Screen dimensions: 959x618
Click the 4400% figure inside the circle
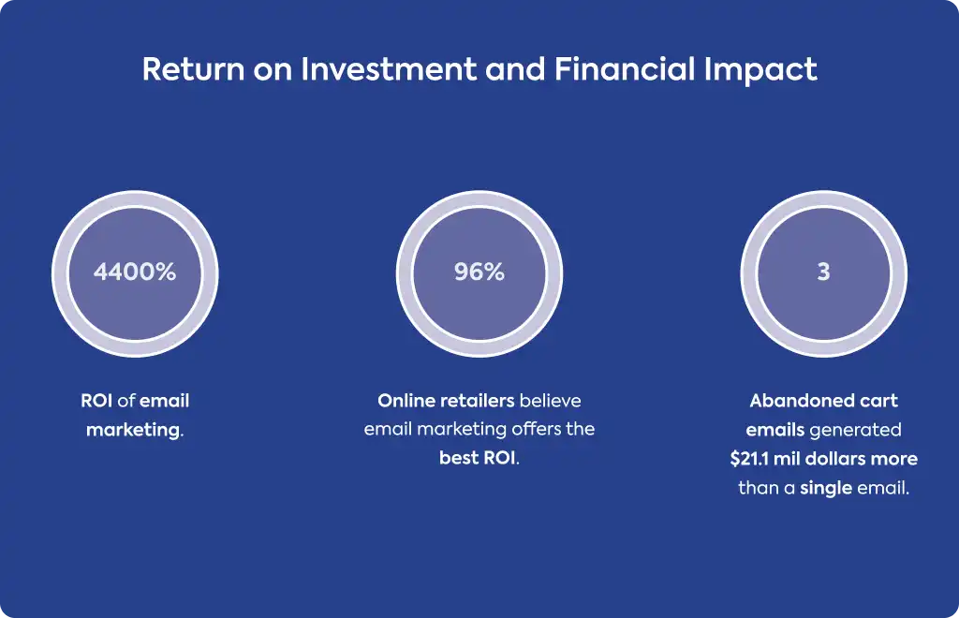pyautogui.click(x=135, y=272)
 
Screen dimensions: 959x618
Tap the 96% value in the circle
pyautogui.click(x=479, y=272)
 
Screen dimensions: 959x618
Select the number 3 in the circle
pyautogui.click(x=823, y=272)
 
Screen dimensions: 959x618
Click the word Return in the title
pyautogui.click(x=194, y=68)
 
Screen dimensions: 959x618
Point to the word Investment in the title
pyautogui.click(x=389, y=68)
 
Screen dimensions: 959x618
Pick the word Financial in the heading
pyautogui.click(x=625, y=68)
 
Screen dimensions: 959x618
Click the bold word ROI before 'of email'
pyautogui.click(x=96, y=401)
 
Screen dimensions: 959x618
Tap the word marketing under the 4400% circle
pyautogui.click(x=133, y=431)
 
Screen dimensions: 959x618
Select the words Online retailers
pyautogui.click(x=446, y=401)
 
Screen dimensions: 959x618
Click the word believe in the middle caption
pyautogui.click(x=551, y=401)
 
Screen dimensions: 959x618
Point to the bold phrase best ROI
pyautogui.click(x=478, y=458)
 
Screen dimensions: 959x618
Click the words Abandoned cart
pyautogui.click(x=823, y=401)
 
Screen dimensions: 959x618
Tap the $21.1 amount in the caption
pyautogui.click(x=749, y=459)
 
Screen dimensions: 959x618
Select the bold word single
pyautogui.click(x=826, y=488)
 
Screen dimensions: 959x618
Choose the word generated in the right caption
pyautogui.click(x=856, y=430)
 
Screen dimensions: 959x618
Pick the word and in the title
pyautogui.click(x=515, y=68)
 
